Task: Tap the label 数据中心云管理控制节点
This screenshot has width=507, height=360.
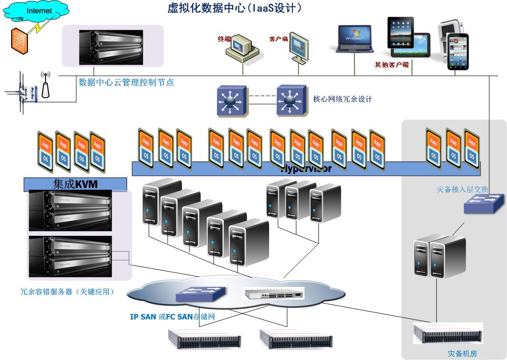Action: [x=126, y=82]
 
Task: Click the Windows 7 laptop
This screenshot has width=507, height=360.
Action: [x=354, y=39]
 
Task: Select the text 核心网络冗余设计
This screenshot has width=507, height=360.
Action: [x=343, y=99]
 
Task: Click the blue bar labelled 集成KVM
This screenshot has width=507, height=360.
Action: [x=75, y=184]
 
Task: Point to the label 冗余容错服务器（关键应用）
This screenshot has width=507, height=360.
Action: [x=68, y=292]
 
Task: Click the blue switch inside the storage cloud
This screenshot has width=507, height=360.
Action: [x=201, y=294]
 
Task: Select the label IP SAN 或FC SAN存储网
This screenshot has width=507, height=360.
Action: [x=172, y=317]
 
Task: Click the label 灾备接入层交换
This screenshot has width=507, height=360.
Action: [x=462, y=189]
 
